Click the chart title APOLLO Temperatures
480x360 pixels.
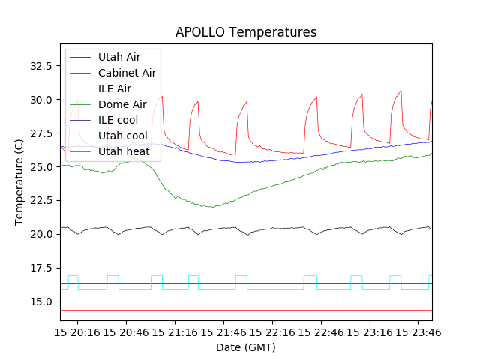246,32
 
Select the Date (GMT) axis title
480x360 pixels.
246,347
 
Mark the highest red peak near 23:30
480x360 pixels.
401,90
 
